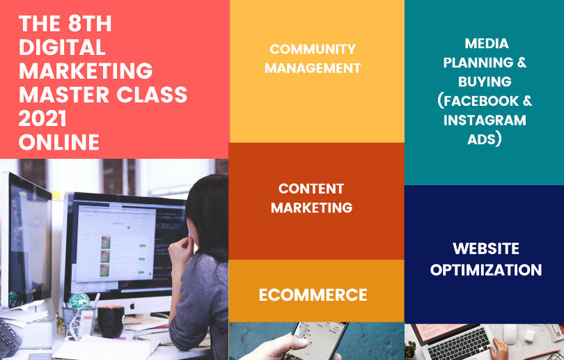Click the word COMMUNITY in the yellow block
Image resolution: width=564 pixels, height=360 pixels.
point(312,49)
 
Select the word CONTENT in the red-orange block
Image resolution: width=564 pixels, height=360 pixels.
point(311,189)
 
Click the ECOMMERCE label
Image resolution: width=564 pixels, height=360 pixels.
point(313,295)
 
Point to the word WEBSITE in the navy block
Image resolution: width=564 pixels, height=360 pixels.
point(486,249)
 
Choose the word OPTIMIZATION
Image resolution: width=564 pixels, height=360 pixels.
point(486,270)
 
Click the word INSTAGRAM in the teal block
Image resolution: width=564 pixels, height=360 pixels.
point(486,120)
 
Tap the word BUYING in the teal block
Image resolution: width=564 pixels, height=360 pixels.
point(485,81)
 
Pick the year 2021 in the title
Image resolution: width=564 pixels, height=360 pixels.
point(44,118)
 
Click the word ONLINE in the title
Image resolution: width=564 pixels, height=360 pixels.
point(59,142)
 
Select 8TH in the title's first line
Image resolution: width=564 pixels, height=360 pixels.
point(87,24)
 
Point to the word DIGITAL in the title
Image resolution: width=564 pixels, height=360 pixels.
point(62,47)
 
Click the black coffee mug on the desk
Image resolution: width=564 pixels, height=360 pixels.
point(110,321)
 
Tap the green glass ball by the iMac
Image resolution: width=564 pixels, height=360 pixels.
point(79,301)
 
